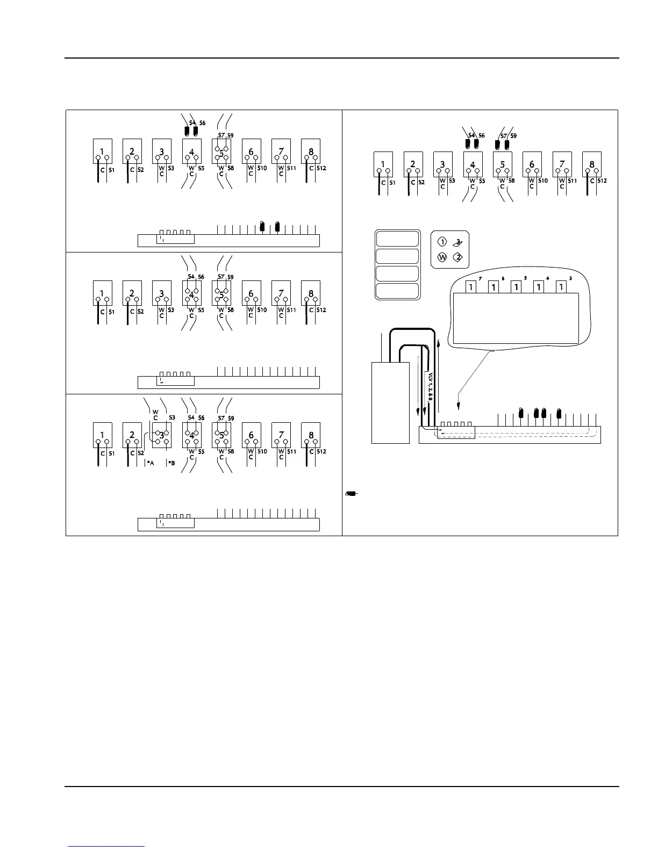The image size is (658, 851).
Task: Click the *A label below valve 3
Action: coord(151,463)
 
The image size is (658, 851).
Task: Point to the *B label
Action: coord(171,463)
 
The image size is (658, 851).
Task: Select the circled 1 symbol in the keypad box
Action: coord(442,242)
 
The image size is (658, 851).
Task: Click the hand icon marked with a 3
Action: coord(457,242)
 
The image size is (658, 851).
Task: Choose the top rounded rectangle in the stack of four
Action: coord(397,238)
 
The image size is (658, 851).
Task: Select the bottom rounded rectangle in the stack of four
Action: coord(397,291)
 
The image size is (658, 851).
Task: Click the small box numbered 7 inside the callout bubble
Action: coord(471,287)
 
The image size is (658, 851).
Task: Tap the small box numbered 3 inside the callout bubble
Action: coord(561,287)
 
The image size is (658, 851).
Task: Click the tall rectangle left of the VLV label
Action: coord(391,402)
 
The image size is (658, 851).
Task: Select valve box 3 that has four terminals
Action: coord(162,436)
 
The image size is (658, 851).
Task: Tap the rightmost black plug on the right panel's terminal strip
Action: coord(559,413)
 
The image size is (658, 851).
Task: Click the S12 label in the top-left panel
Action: coord(321,169)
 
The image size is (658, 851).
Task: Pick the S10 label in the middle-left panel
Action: coord(261,310)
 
